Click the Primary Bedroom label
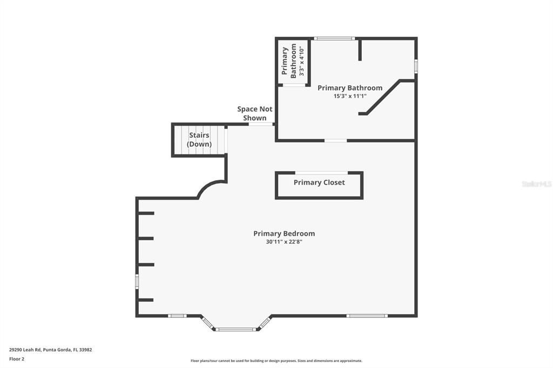click(x=284, y=234)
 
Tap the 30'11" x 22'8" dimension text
click(x=284, y=242)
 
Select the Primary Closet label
click(x=319, y=182)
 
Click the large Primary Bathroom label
click(x=350, y=88)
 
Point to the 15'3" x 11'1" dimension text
click(x=350, y=96)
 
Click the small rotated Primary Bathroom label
click(x=289, y=60)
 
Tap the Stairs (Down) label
click(x=199, y=140)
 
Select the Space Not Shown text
click(x=255, y=113)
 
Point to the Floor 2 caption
click(x=17, y=358)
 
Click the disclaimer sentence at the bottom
click(x=276, y=361)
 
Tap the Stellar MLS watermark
click(x=536, y=184)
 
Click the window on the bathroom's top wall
click(x=334, y=38)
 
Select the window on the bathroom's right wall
click(x=416, y=66)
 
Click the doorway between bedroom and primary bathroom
click(x=335, y=141)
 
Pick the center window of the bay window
click(x=236, y=329)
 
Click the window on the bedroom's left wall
click(x=137, y=281)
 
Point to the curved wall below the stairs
click(x=211, y=187)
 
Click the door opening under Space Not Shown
click(x=260, y=125)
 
